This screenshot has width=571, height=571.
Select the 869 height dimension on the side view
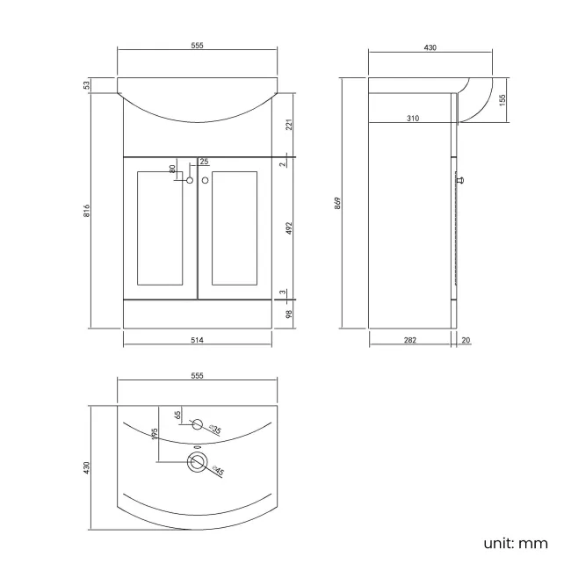(x=338, y=203)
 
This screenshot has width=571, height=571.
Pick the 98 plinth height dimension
(x=288, y=314)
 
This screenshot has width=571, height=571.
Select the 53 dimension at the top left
(x=87, y=85)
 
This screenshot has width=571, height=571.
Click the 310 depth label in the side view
(x=412, y=117)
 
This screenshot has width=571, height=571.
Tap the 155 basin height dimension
(x=502, y=101)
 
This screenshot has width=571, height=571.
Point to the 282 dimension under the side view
(x=410, y=340)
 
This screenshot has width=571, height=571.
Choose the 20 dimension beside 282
(x=465, y=340)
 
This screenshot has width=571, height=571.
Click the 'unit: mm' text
(x=515, y=543)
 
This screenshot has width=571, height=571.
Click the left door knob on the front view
(x=189, y=181)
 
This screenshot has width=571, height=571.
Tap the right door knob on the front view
(x=206, y=181)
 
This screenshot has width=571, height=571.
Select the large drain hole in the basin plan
(x=197, y=465)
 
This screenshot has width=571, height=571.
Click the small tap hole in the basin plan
(x=198, y=426)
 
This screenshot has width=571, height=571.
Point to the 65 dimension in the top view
(x=177, y=416)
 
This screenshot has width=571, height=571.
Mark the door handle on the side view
(x=461, y=180)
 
